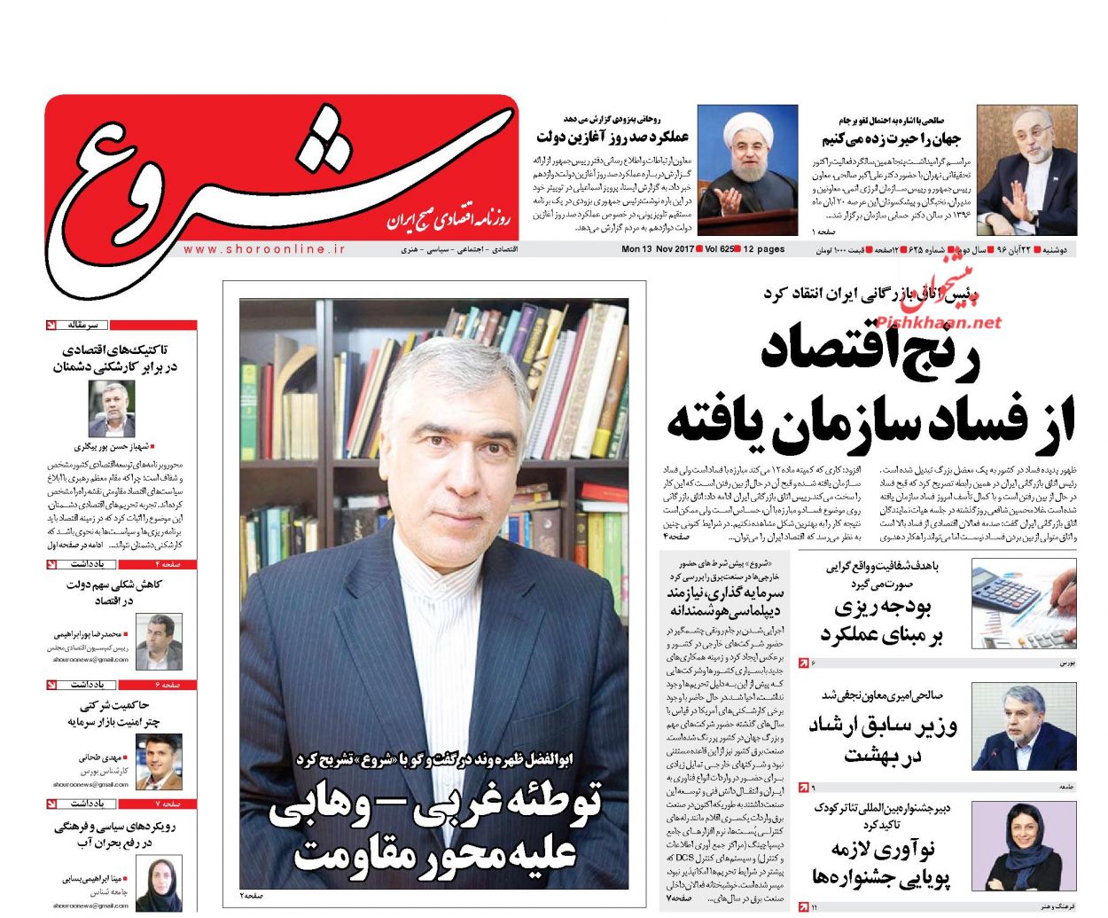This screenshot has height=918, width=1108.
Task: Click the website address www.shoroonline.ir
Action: click(264, 250)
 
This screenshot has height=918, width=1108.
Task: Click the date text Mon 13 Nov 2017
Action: click(657, 250)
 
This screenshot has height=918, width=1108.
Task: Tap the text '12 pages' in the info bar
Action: click(763, 250)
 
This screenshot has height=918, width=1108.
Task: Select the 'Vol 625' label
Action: click(718, 250)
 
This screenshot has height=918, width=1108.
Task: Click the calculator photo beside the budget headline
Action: click(1023, 602)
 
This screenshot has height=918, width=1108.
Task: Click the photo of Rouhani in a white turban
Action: click(746, 169)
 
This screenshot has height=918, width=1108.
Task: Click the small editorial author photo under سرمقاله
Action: click(112, 409)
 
